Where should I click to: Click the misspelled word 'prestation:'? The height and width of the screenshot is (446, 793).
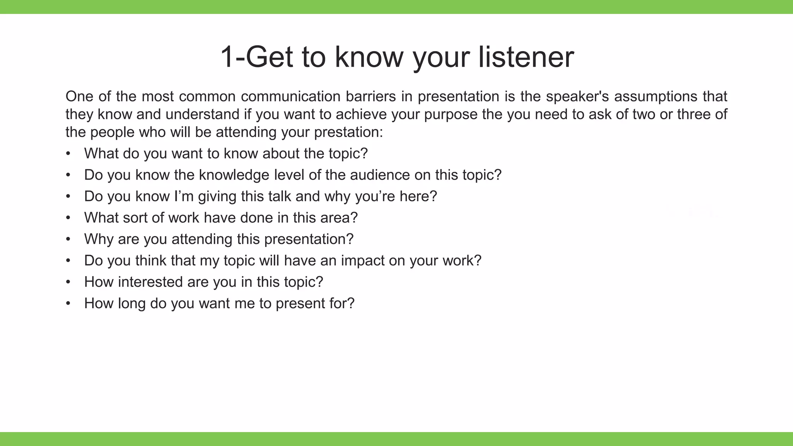[348, 132]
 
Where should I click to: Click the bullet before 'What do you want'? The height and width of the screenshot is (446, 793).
[68, 154]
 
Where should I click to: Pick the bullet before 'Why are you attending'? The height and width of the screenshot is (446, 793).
[68, 239]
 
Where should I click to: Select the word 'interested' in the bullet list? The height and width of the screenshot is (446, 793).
[150, 282]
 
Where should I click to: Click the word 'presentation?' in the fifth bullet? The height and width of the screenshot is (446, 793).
[309, 239]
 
